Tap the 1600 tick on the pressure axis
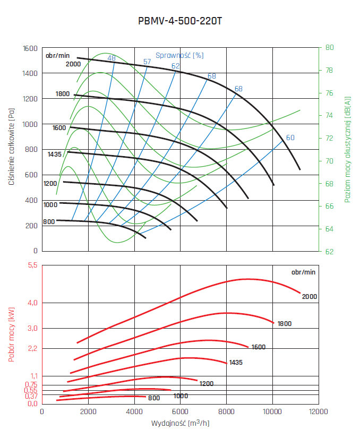30,48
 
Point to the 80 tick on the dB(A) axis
330,47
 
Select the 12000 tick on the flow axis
319,412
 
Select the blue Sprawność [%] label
179,55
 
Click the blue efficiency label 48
112,58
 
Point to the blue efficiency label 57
147,62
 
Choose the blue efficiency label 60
290,138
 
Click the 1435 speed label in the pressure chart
55,154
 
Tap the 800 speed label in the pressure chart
49,221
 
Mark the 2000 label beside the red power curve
310,296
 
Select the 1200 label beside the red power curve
207,383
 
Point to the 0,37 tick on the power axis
31,396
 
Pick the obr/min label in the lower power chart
303,272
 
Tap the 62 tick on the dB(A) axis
330,251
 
